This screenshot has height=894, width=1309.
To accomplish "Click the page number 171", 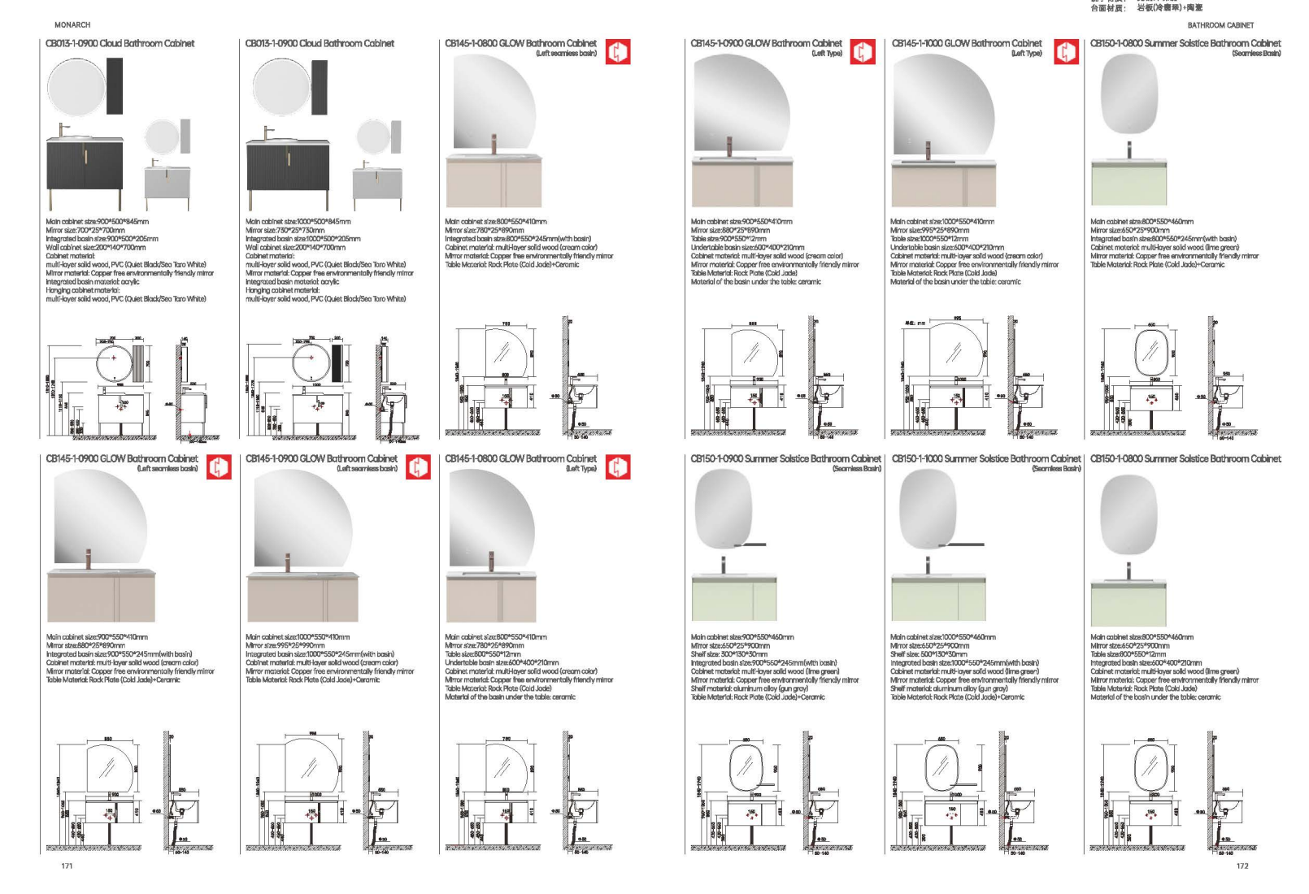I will coord(67,866).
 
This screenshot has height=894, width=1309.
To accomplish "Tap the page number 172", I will coord(1242,866).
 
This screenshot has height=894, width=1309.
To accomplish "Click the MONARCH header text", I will coord(72,24).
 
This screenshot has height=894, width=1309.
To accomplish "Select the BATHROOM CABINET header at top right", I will coord(1220,25).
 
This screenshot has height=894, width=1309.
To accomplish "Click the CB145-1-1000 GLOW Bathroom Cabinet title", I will coord(966,43).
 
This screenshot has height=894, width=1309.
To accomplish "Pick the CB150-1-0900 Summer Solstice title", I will coord(785,459).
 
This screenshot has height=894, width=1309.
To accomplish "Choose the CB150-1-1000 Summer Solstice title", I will coord(985,459).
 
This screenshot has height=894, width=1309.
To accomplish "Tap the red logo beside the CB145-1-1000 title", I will coord(1066,52).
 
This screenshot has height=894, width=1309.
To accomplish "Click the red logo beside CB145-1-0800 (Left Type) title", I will coord(618,467).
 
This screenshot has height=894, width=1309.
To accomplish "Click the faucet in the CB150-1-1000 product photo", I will coord(928,564).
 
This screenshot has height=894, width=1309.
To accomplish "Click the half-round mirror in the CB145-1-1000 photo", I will coord(943,106).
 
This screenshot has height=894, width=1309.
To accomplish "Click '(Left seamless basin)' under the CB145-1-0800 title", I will coord(566,54).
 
